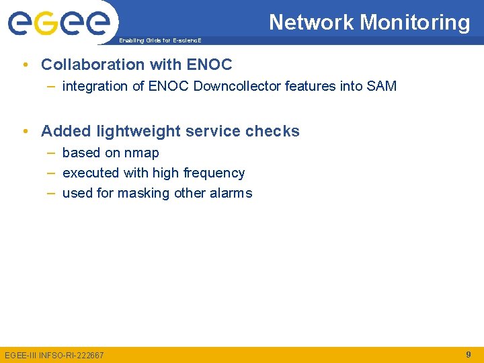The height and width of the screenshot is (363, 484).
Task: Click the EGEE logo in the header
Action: [58, 23]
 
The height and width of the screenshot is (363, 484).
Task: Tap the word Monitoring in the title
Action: [415, 23]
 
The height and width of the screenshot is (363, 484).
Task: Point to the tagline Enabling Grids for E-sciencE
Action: [159, 40]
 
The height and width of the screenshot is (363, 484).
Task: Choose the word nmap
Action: [141, 153]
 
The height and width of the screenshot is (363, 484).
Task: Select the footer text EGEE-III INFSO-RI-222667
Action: [54, 355]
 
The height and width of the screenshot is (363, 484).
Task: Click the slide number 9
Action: [468, 354]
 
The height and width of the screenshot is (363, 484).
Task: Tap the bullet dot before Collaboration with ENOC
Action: [25, 65]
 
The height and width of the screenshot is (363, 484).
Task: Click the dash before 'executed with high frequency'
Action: [51, 173]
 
